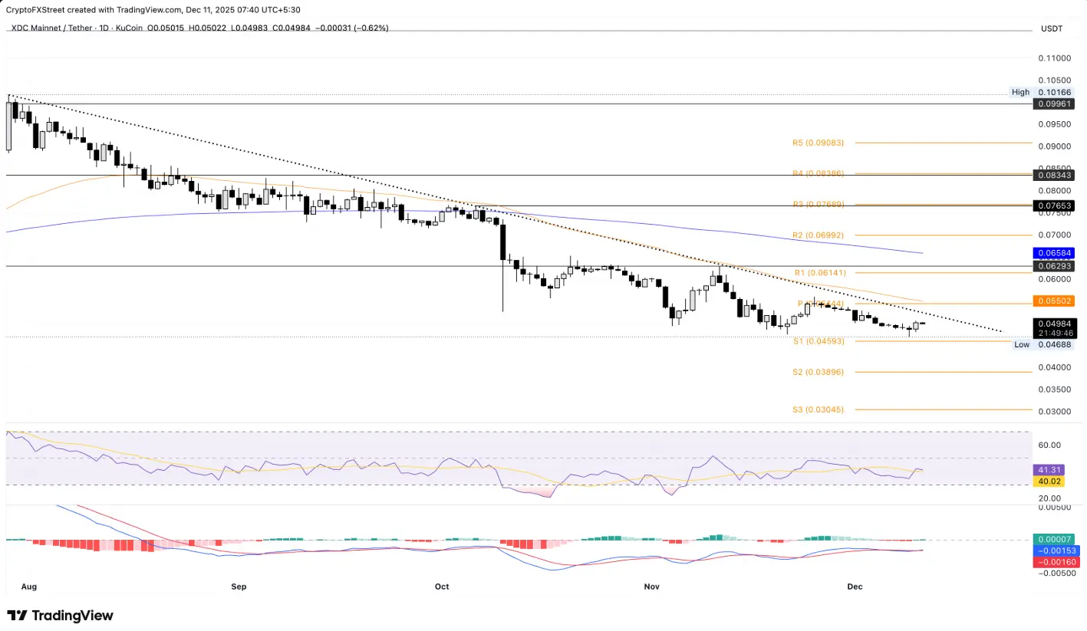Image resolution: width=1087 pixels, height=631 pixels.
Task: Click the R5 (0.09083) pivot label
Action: point(818,143)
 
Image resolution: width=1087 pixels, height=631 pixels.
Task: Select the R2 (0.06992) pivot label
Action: point(818,235)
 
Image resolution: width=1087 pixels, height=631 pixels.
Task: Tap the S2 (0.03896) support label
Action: point(818,372)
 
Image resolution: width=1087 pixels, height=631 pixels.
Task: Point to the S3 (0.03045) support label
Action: point(818,409)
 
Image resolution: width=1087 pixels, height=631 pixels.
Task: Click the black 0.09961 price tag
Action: point(1053,104)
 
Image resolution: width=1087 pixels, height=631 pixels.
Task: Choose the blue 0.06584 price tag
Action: point(1053,252)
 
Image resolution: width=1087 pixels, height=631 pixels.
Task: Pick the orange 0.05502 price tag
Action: point(1053,301)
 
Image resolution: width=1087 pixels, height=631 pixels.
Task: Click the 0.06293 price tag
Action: point(1053,266)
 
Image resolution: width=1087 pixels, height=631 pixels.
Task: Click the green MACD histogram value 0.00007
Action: point(1052,540)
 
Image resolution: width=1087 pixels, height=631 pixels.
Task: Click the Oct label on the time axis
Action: point(441,587)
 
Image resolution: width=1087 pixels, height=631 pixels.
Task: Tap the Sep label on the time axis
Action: point(239,587)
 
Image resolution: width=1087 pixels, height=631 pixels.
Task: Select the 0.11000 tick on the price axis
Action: point(1056,58)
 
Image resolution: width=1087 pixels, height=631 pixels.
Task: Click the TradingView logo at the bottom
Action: point(60,615)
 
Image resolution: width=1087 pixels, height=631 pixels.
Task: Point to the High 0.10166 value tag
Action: point(1052,92)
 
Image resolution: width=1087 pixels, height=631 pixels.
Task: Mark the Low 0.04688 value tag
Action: point(1052,345)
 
